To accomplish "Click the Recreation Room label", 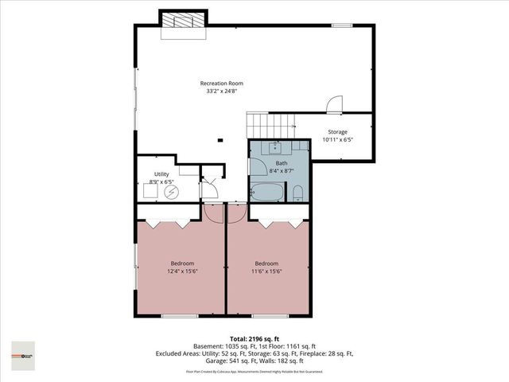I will point(221,83).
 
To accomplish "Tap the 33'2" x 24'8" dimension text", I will point(221,91).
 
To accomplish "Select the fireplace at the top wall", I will point(184,24).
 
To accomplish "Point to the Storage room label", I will point(337,131).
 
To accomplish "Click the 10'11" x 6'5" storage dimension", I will point(337,139).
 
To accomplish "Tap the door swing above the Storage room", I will point(335,104).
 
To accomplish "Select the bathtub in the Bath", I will point(266,193).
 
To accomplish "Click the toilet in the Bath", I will point(297,193).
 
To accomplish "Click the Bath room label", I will point(282,163).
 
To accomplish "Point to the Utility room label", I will point(161,173).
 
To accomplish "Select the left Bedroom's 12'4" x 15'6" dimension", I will point(182,271).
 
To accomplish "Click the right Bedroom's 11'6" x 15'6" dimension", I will point(266,271).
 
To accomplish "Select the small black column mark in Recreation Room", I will point(221,142).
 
